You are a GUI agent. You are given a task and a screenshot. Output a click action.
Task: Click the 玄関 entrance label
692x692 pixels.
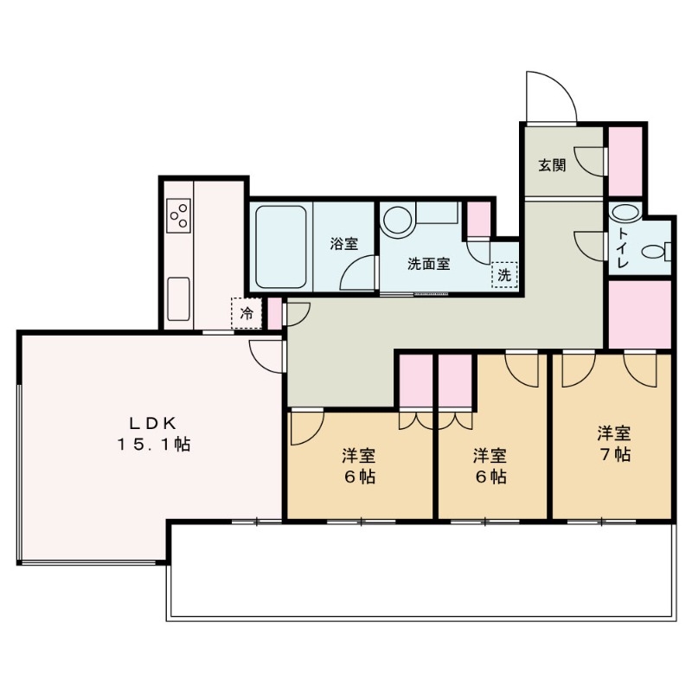552,165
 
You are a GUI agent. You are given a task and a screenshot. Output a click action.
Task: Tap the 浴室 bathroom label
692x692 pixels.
344,244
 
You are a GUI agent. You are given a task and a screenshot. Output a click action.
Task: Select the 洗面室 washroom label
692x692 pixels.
428,264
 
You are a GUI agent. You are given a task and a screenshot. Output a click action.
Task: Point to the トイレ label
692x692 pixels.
623,248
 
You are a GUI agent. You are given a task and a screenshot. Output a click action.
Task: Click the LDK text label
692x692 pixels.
153,423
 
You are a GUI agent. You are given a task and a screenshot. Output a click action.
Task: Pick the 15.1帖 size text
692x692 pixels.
153,445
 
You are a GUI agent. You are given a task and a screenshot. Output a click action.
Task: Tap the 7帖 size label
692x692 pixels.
614,454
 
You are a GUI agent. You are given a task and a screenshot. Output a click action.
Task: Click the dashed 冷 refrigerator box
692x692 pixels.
247,313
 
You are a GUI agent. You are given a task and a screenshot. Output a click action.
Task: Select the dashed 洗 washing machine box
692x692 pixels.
504,275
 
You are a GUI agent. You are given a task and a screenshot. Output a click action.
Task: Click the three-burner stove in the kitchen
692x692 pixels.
178,215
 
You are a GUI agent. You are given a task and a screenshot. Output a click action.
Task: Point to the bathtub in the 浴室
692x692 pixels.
280,247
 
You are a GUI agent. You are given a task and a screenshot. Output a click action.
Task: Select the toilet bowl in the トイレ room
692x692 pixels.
656,252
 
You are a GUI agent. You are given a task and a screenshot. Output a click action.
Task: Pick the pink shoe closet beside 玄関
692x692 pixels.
625,161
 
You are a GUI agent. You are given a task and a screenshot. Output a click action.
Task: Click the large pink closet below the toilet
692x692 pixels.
640,314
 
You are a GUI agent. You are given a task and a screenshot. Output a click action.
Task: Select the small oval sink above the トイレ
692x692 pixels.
625,212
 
